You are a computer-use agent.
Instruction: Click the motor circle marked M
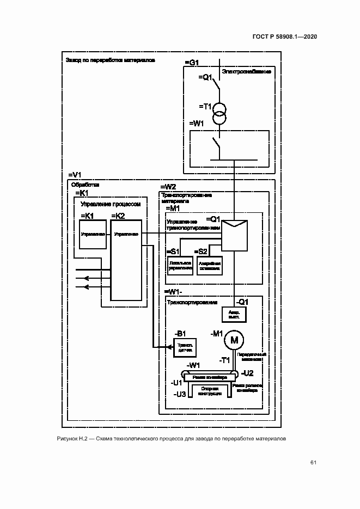click(x=235, y=340)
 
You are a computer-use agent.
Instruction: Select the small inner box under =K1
click(x=93, y=234)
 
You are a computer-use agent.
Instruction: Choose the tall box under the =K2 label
click(x=126, y=260)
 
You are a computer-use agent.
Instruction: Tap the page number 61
click(x=314, y=463)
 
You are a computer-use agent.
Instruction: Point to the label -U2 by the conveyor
click(x=247, y=373)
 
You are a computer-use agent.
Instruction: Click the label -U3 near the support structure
click(x=179, y=393)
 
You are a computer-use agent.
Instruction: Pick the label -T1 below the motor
click(x=224, y=360)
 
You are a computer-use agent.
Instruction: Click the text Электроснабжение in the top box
click(x=247, y=71)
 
